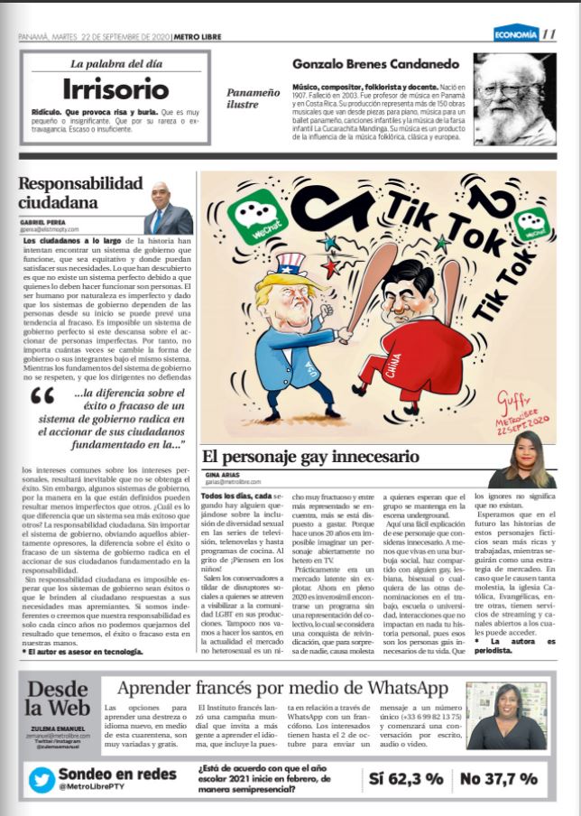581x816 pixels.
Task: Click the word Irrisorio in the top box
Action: (x=115, y=88)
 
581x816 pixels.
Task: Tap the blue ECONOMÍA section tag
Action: (x=515, y=35)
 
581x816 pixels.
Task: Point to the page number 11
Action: (x=549, y=35)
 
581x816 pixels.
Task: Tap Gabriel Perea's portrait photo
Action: (x=168, y=209)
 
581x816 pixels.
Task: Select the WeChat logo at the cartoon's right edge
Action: (x=530, y=222)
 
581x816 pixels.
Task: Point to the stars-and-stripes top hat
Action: (x=290, y=264)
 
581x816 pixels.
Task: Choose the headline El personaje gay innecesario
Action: (x=309, y=456)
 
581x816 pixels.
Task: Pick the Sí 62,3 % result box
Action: (x=407, y=778)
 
